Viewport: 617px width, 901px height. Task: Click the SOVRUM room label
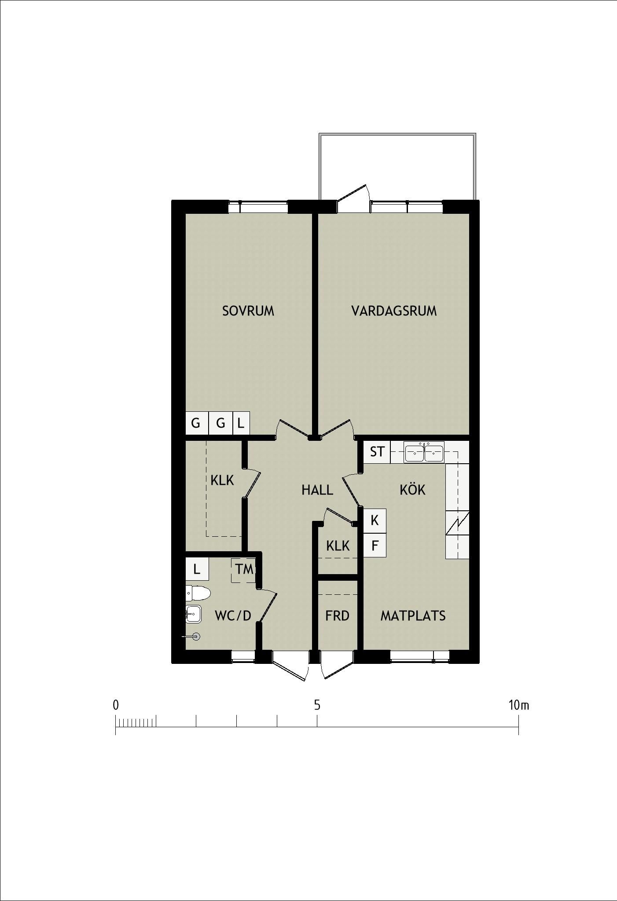click(248, 311)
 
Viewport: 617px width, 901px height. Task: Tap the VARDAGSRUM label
click(394, 311)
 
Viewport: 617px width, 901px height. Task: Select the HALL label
click(317, 490)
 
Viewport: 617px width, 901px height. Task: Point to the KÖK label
click(412, 489)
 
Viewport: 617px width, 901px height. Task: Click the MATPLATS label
click(413, 615)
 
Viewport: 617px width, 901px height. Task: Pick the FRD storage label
click(337, 615)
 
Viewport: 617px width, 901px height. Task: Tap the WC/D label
click(233, 615)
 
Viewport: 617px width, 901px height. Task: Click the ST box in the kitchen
click(377, 452)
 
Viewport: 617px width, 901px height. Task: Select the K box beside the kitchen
click(375, 520)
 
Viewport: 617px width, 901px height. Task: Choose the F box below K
click(375, 546)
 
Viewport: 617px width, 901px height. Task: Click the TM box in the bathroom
click(244, 570)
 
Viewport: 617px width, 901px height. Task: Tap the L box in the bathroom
click(197, 569)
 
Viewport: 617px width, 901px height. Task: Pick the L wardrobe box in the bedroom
click(241, 423)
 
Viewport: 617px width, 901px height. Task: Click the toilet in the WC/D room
click(198, 593)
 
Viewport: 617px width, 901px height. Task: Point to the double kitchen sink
click(424, 453)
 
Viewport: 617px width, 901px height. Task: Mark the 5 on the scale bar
click(317, 705)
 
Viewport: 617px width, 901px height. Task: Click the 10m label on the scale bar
click(518, 705)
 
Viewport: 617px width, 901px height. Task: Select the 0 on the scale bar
click(116, 705)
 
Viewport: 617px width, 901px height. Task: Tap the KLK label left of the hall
click(222, 480)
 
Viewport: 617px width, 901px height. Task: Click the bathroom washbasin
click(193, 614)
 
